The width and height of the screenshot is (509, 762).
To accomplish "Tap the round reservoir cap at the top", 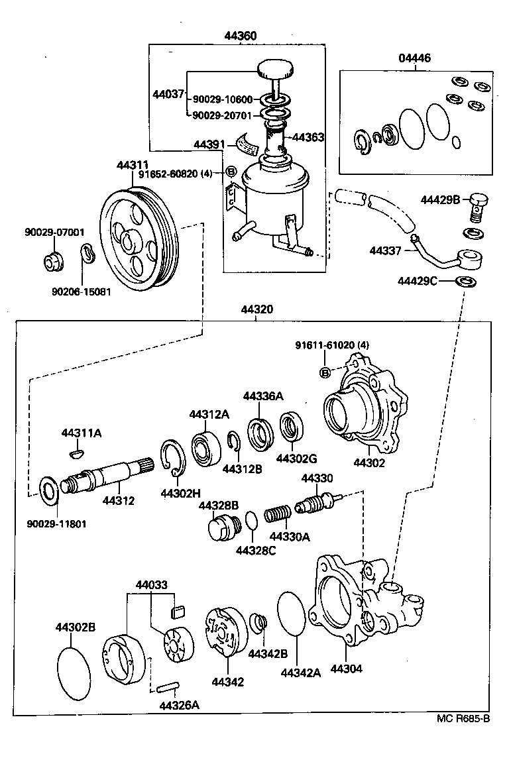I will coord(273,70).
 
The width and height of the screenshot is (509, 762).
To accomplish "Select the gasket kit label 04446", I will coord(414,58).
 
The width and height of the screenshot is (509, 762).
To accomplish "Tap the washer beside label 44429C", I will coord(467,282).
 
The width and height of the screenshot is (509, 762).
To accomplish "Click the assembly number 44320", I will coord(256,309).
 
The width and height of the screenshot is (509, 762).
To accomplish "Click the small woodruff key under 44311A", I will coord(77,454).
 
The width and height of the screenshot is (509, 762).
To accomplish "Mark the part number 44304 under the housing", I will coord(347,669).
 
